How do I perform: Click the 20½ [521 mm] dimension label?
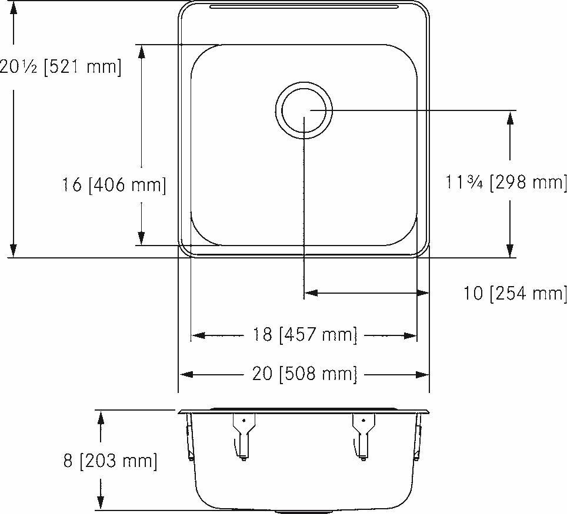tap(61, 66)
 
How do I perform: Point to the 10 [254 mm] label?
tap(515, 293)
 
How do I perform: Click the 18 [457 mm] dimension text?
tap(305, 335)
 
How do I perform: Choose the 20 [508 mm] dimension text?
tap(305, 374)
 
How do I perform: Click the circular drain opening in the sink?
tap(304, 110)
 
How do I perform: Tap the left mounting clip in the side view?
tap(242, 435)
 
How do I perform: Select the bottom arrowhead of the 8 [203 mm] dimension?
tap(101, 502)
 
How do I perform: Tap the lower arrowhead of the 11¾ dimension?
tap(510, 250)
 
